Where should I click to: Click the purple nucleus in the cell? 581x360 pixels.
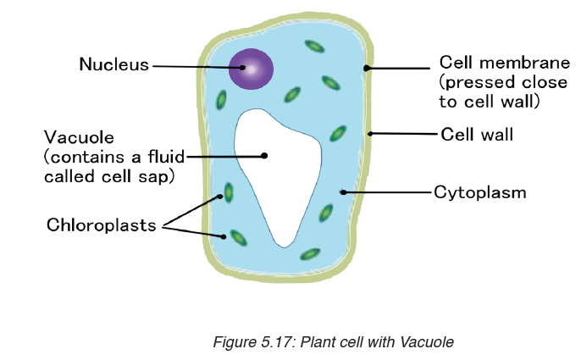click(251, 69)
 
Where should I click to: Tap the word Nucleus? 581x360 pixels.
click(114, 64)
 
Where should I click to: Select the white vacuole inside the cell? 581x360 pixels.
click(278, 174)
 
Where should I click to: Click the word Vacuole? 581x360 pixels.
click(79, 137)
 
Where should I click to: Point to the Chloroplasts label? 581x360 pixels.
click(101, 224)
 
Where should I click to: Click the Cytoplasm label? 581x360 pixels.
click(480, 193)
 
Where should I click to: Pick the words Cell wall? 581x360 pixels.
click(477, 134)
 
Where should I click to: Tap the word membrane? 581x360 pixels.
click(525, 63)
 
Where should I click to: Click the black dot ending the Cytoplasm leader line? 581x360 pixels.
click(343, 192)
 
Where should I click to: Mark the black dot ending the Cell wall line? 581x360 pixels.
click(370, 134)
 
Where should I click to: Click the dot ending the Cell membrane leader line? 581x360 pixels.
click(366, 68)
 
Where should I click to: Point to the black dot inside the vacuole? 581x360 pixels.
click(264, 155)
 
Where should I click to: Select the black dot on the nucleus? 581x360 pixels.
click(242, 68)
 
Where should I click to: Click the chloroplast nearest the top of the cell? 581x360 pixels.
click(314, 47)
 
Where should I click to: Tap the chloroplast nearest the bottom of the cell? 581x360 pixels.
click(310, 254)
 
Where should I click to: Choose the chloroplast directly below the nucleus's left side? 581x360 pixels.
click(221, 99)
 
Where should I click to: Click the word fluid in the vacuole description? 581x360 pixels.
click(166, 157)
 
